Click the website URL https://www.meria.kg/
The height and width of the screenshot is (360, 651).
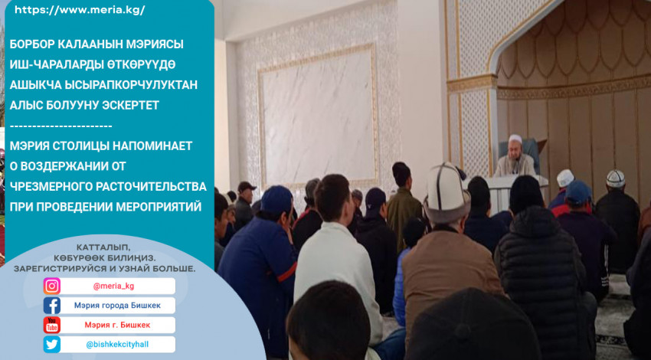click(x=80, y=11)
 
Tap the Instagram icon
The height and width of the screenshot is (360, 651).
click(x=52, y=286)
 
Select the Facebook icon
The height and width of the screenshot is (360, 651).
click(x=52, y=306)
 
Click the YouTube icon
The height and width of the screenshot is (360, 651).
click(x=52, y=325)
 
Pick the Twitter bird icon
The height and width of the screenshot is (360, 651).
click(x=52, y=345)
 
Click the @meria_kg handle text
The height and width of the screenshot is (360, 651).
click(x=113, y=286)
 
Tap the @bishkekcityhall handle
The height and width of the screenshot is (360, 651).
click(x=117, y=345)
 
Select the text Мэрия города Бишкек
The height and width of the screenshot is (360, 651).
click(x=117, y=306)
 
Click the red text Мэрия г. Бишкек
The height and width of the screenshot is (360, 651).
click(x=117, y=325)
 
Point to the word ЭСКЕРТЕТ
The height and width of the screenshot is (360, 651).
click(x=131, y=106)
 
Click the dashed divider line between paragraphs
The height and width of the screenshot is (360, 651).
click(x=61, y=126)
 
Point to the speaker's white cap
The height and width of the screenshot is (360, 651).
click(x=515, y=139)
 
